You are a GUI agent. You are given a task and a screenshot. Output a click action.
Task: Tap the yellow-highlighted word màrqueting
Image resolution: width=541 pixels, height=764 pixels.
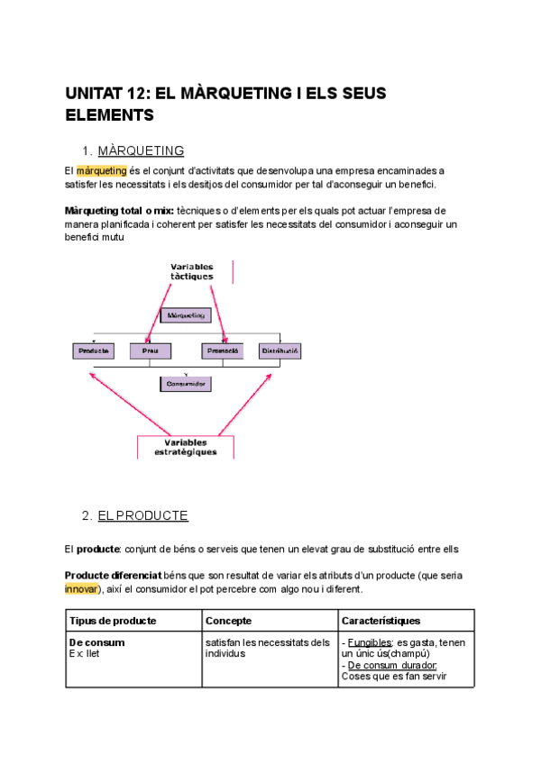click(x=101, y=170)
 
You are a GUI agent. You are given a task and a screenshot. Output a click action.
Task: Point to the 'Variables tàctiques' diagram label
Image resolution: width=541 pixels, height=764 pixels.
click(x=192, y=271)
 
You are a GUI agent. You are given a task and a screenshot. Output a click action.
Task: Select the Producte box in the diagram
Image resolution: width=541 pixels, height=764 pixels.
click(x=94, y=350)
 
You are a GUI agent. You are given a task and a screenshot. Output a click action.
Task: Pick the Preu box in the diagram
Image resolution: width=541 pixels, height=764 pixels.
click(x=151, y=350)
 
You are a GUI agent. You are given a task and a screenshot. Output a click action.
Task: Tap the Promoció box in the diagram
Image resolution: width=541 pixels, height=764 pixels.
click(x=222, y=350)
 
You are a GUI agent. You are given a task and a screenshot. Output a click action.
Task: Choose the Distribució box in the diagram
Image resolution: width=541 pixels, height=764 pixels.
click(x=280, y=350)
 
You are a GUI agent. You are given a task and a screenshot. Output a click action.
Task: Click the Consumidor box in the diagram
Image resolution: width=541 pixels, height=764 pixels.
click(x=187, y=384)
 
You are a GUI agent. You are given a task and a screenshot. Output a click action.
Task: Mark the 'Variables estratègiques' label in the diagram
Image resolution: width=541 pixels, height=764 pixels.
click(x=187, y=448)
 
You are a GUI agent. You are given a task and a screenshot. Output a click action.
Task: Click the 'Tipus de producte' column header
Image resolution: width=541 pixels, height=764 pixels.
click(x=113, y=621)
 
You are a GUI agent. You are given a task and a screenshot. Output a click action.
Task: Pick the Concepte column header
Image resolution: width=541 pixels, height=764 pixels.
click(x=228, y=621)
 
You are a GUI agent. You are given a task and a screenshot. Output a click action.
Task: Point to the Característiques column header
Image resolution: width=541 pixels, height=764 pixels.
click(x=381, y=621)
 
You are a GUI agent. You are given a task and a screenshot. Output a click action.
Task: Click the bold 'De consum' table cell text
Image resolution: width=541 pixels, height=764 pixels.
click(x=96, y=642)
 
